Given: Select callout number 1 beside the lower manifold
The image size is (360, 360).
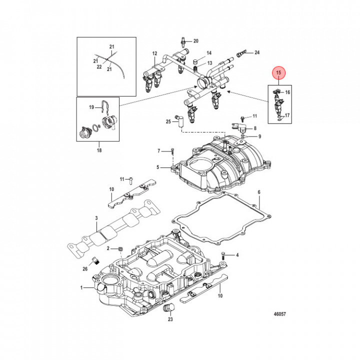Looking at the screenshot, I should click(81, 287).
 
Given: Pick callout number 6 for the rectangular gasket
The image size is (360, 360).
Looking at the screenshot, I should click(259, 192).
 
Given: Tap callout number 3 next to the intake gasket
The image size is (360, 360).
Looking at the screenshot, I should click(96, 218).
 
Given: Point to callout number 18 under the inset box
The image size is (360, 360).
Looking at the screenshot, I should click(98, 150).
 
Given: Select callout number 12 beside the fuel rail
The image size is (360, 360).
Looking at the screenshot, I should click(154, 53).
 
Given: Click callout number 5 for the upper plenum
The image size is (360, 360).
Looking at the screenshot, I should click(158, 167).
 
